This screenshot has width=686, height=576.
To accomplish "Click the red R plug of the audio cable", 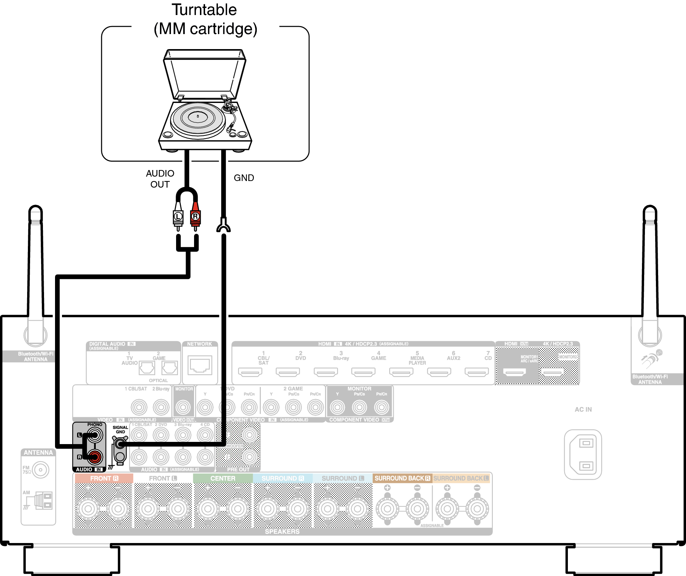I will (x=195, y=217).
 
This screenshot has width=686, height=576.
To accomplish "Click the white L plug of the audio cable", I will (x=178, y=217).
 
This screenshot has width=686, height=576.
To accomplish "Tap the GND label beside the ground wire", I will (x=244, y=178).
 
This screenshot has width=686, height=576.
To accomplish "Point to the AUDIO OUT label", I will (x=160, y=179).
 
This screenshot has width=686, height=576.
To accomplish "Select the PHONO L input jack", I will (x=95, y=435).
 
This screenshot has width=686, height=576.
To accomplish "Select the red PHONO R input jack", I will (x=95, y=457).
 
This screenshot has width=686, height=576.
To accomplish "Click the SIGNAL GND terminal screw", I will (x=120, y=444).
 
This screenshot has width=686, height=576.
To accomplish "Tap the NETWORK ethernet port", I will (x=200, y=365).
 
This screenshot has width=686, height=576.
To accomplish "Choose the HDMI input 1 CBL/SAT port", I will (x=250, y=372).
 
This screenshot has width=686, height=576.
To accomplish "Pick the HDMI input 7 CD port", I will (x=477, y=372).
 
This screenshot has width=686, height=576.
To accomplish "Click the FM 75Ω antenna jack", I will (x=40, y=470).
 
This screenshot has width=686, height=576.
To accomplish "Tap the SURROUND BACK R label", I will (x=402, y=478).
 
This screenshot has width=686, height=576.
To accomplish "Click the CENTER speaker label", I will (x=223, y=478).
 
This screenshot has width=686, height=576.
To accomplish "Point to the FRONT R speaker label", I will (x=104, y=478).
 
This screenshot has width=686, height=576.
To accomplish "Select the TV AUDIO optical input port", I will (x=147, y=368).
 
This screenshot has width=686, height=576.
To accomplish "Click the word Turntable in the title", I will (x=204, y=10).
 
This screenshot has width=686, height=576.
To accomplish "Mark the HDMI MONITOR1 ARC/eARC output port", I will (x=514, y=372).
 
